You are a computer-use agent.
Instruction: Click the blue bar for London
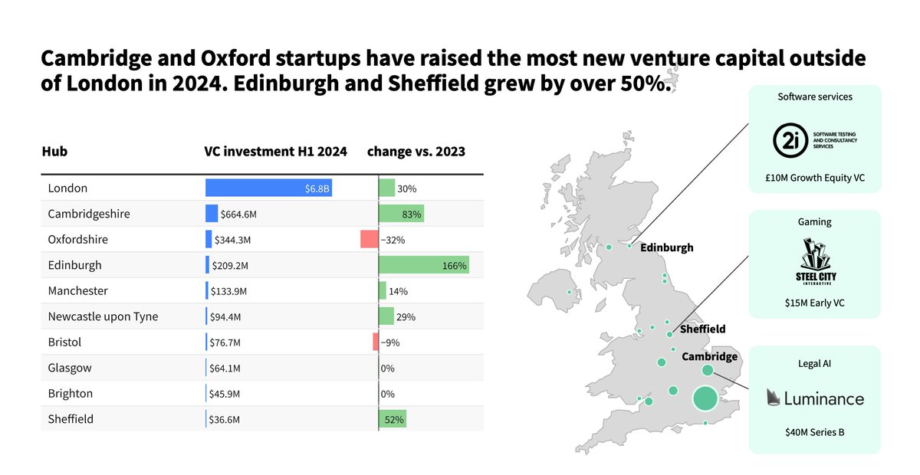coord(268,188)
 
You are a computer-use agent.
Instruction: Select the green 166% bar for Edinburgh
coord(423,265)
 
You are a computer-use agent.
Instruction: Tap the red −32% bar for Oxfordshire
coord(370,239)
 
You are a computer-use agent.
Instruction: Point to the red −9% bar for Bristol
coord(376,342)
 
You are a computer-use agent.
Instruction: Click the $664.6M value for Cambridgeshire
coord(239,214)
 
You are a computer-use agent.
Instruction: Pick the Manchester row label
coord(77,291)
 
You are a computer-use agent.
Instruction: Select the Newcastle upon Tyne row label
coord(103,316)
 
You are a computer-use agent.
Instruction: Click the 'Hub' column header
coord(54,151)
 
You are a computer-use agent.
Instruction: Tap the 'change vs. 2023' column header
coord(416,151)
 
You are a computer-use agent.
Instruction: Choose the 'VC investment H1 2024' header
coord(275,151)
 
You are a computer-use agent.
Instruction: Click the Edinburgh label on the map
coord(666,247)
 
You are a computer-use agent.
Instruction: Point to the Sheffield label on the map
coord(702,329)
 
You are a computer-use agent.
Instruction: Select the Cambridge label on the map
coord(709,356)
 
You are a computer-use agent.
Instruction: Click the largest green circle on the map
coord(705,398)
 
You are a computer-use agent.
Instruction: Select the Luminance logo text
coord(824,398)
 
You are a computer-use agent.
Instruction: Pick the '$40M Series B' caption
coord(814,432)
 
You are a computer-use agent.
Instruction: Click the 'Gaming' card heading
coord(814,222)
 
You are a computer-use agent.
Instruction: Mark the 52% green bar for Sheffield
coord(393,419)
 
